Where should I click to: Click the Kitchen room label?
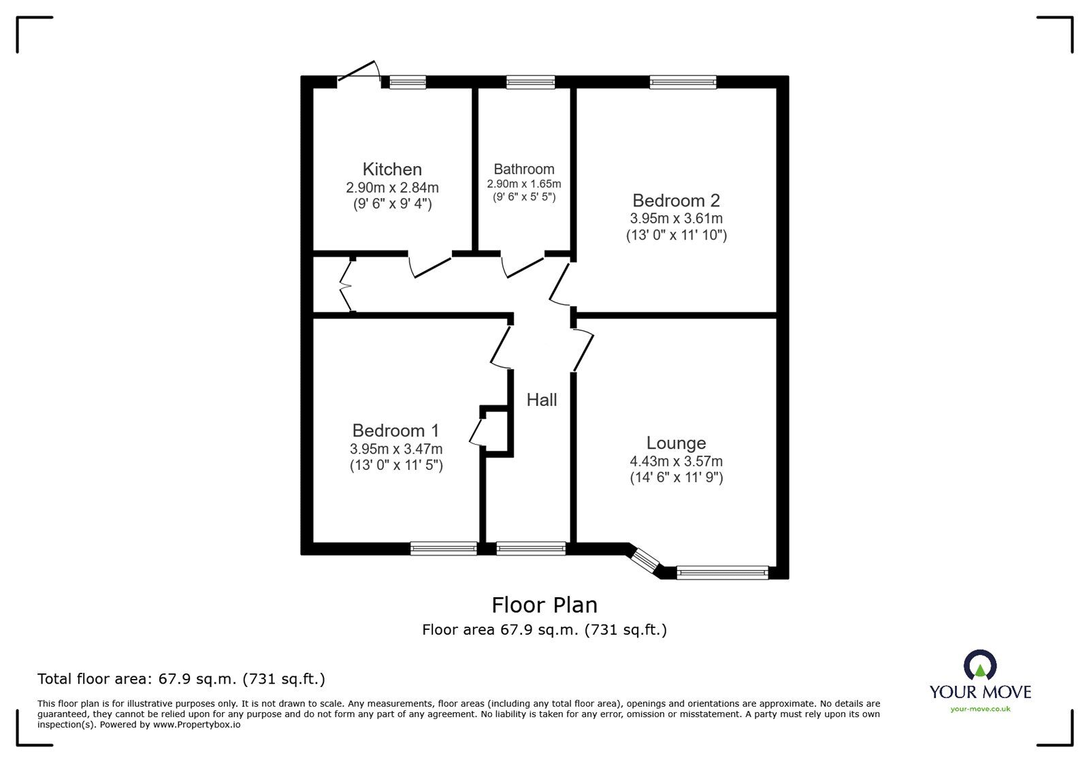click(392, 169)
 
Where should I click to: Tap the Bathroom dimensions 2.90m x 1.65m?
click(523, 185)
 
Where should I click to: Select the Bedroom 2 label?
click(676, 200)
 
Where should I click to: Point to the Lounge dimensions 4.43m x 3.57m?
click(676, 461)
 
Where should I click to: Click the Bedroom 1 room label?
click(395, 430)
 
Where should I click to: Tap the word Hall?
click(542, 400)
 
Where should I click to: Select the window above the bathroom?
click(530, 82)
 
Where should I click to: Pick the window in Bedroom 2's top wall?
click(683, 82)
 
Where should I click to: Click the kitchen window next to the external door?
click(407, 82)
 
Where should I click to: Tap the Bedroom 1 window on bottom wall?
click(444, 548)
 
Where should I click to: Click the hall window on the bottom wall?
click(531, 548)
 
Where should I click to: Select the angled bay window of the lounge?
click(643, 560)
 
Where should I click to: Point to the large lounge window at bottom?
click(722, 573)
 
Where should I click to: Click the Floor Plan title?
click(544, 605)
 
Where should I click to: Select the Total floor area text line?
click(181, 679)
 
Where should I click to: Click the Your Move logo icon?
click(980, 664)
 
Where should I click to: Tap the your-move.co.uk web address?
click(980, 710)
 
